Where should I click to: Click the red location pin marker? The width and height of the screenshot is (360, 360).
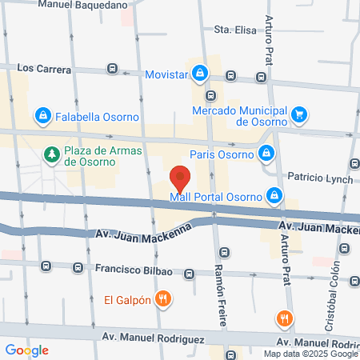pyautogui.click(x=180, y=175)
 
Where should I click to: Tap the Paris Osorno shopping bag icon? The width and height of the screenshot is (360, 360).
pyautogui.click(x=266, y=154)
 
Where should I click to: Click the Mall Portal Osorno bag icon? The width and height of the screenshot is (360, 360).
pyautogui.click(x=274, y=195)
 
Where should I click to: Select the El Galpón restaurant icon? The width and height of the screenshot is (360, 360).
pyautogui.click(x=163, y=300)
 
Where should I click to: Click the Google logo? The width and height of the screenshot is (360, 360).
pyautogui.click(x=26, y=350)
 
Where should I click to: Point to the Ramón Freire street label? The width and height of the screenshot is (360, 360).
pyautogui.click(x=222, y=292)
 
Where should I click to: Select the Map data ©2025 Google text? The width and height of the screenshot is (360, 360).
pyautogui.click(x=311, y=354)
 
